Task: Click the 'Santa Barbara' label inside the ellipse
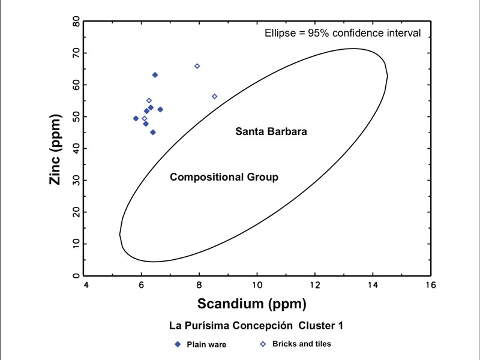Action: click(x=271, y=131)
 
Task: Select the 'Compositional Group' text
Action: click(x=224, y=177)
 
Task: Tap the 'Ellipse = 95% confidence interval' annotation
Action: click(x=343, y=33)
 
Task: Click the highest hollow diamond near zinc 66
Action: click(x=197, y=66)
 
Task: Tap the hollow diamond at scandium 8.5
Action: click(x=214, y=97)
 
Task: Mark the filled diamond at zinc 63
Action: click(x=155, y=75)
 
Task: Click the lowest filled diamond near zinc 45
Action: click(x=153, y=132)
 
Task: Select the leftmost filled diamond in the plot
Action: click(x=136, y=118)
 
